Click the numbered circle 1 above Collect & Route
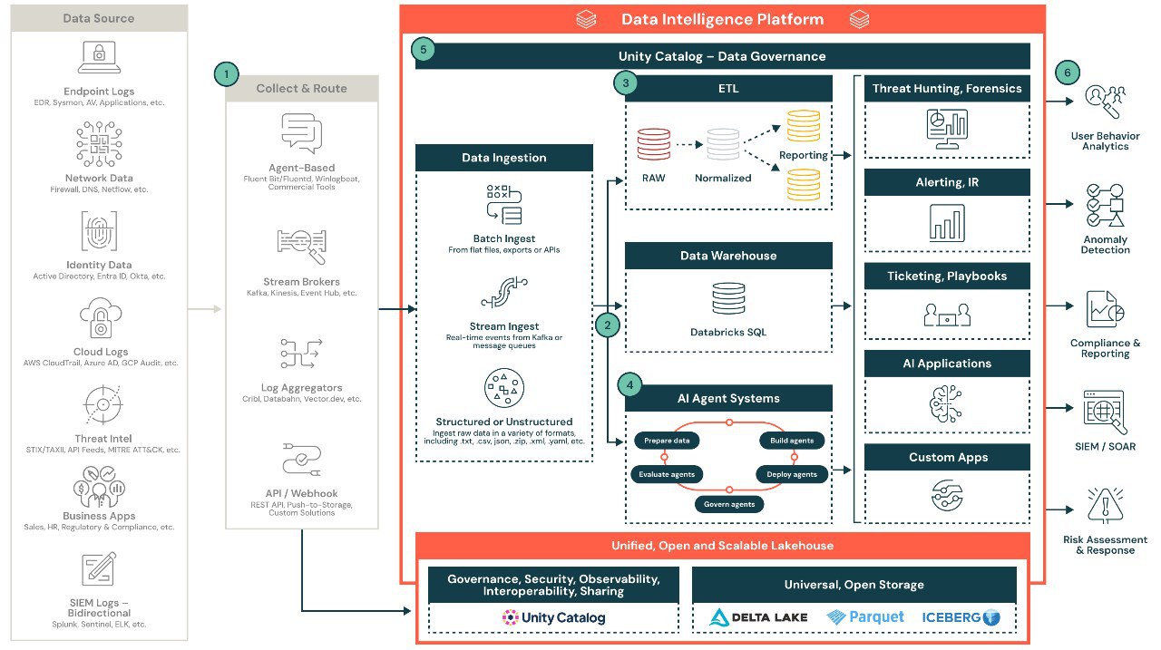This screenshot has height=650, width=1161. tap(227, 74)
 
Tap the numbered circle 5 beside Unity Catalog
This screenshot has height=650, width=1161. tap(423, 49)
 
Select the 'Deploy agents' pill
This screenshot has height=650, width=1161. tap(792, 474)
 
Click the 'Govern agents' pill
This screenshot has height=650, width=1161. tap(729, 504)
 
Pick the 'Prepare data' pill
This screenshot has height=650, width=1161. tap(667, 441)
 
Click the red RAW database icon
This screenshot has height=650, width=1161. tap(653, 144)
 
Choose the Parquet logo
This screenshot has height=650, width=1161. tap(865, 617)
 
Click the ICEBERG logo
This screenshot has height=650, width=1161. tap(961, 617)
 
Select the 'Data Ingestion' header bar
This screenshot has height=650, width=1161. tap(503, 158)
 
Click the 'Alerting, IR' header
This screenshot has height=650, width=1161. tap(947, 182)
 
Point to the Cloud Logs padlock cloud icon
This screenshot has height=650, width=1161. tap(99, 321)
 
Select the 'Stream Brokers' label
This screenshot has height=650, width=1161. tap(301, 281)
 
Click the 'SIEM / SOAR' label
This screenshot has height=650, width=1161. tap(1104, 446)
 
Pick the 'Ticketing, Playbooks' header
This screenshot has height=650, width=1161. tap(947, 276)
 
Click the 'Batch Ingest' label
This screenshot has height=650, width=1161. tap(503, 239)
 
